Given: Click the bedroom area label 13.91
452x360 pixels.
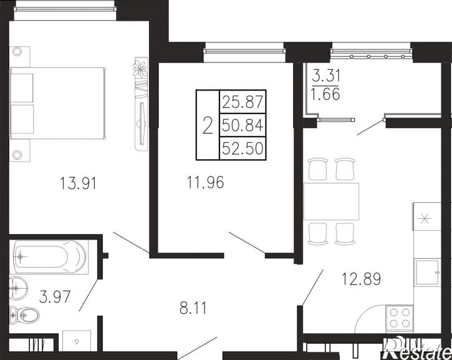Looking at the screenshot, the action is tap(78, 183).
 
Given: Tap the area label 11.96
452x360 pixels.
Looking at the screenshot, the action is tap(205, 182).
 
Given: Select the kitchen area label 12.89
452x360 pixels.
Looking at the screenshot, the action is tap(361, 279).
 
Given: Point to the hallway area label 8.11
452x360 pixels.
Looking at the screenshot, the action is tap(193, 308).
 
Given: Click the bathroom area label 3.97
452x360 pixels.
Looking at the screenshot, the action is tap(55, 296).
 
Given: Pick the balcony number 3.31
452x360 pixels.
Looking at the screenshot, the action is tap(326, 76).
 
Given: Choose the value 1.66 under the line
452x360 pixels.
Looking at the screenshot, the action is tap(325, 94).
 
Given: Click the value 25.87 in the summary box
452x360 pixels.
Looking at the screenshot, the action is tap(243, 102).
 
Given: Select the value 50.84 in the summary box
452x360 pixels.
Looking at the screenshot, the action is tap(243, 125).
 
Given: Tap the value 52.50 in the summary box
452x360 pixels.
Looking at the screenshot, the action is tap(243, 148).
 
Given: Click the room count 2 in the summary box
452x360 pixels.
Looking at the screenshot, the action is tap(208, 125).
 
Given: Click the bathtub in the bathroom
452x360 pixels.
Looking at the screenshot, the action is tap(48, 256).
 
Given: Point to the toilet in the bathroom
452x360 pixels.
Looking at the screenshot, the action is tap(24, 316).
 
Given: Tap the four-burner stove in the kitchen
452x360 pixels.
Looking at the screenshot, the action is tap(399, 318).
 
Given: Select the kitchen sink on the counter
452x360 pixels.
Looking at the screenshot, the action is tap(427, 273).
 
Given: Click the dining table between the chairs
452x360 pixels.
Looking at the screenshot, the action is tap(331, 202).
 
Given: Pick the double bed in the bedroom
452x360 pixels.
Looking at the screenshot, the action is tap(57, 104).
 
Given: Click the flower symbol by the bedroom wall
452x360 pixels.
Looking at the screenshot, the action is tap(140, 69).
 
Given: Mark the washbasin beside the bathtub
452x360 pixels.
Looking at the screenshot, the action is tap(18, 288).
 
